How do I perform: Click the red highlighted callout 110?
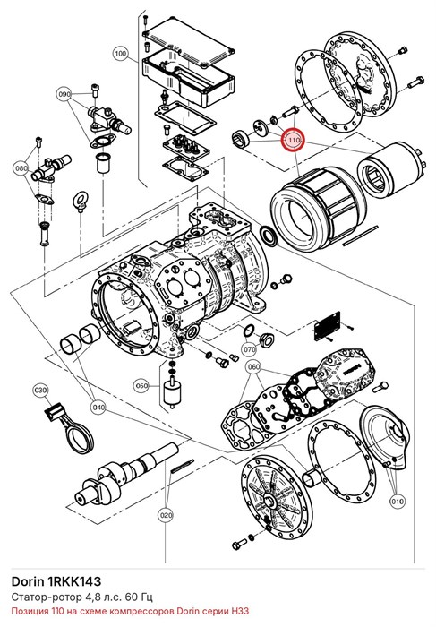pyautogui.click(x=294, y=141)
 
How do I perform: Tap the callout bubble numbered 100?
pyautogui.click(x=120, y=53)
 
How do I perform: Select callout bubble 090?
pyautogui.click(x=64, y=95)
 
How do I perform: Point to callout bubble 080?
pyautogui.click(x=22, y=168)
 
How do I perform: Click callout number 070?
pyautogui.click(x=250, y=349)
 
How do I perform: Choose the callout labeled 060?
pyautogui.click(x=253, y=366)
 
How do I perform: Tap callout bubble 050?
pyautogui.click(x=141, y=386)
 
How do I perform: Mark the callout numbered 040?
pyautogui.click(x=98, y=408)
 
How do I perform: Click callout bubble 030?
pyautogui.click(x=40, y=390)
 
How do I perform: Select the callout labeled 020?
pyautogui.click(x=167, y=515)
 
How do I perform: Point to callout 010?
pyautogui.click(x=398, y=502)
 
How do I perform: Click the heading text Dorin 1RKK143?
pyautogui.click(x=56, y=581)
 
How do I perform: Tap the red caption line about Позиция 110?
pyautogui.click(x=130, y=611)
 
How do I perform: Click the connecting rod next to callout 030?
pyautogui.click(x=68, y=429)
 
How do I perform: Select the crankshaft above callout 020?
pyautogui.click(x=127, y=471)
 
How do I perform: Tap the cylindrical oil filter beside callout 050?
pyautogui.click(x=172, y=392)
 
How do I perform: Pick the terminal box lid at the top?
pyautogui.click(x=187, y=41)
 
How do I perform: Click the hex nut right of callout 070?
pyautogui.click(x=266, y=340)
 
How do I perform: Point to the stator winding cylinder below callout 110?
pyautogui.click(x=318, y=208)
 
